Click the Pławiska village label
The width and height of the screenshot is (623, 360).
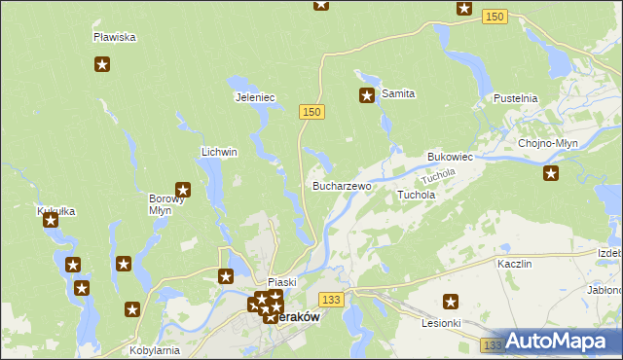(114, 37)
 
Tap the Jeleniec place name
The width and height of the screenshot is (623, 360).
(256, 97)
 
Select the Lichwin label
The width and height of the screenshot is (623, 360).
(219, 153)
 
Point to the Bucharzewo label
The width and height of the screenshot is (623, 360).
(341, 185)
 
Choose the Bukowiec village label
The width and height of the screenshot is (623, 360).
(450, 157)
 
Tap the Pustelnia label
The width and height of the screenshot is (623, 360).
(516, 99)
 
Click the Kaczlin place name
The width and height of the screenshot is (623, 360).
(513, 264)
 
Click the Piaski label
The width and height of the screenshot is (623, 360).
(281, 282)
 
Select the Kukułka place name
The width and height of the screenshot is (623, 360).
(55, 211)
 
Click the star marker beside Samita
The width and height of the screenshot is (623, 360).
(367, 95)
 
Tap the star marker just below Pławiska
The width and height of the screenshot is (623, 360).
(102, 65)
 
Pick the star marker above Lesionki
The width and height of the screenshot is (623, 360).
(451, 302)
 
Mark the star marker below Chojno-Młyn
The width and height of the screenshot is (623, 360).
(551, 173)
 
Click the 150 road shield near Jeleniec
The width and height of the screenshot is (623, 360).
(311, 113)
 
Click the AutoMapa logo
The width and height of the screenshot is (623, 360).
(559, 342)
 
